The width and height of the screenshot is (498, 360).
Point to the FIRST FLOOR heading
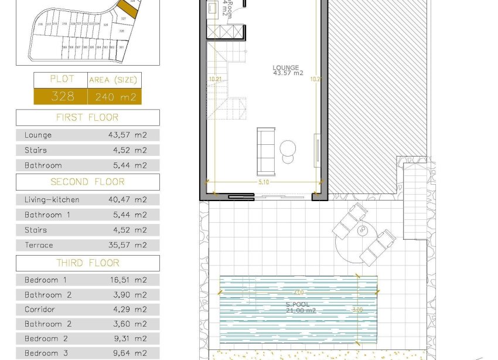(87, 117)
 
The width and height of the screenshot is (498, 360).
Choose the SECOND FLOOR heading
(87, 182)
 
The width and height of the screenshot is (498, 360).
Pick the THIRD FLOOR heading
(87, 263)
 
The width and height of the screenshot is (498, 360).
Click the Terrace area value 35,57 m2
(128, 245)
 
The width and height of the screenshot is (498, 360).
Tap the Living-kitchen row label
(52, 199)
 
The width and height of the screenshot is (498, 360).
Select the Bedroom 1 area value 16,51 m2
(128, 280)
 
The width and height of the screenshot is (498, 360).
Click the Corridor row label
(40, 309)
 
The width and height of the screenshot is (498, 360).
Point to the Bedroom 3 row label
(46, 353)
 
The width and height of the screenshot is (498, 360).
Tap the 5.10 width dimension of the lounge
(264, 182)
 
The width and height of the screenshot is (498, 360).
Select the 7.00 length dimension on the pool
(299, 291)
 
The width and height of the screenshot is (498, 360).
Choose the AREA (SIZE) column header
(114, 80)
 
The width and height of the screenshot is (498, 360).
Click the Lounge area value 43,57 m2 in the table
(128, 135)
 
